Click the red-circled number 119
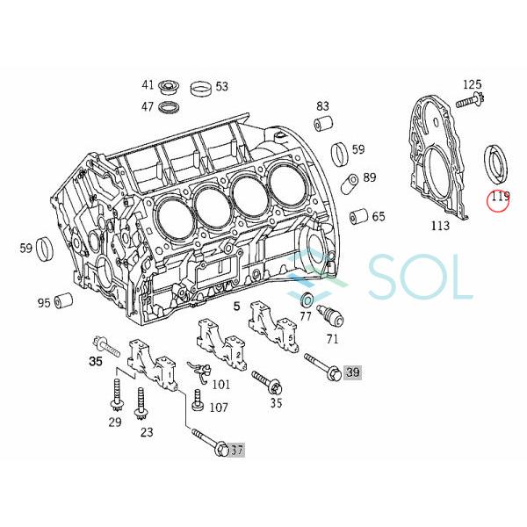[x=500, y=198]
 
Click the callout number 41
[x=148, y=85]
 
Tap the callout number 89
[x=369, y=178]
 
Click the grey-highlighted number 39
[x=353, y=373]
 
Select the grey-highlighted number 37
[x=235, y=451]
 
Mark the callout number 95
[x=43, y=304]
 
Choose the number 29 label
[x=115, y=422]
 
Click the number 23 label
[x=147, y=431]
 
